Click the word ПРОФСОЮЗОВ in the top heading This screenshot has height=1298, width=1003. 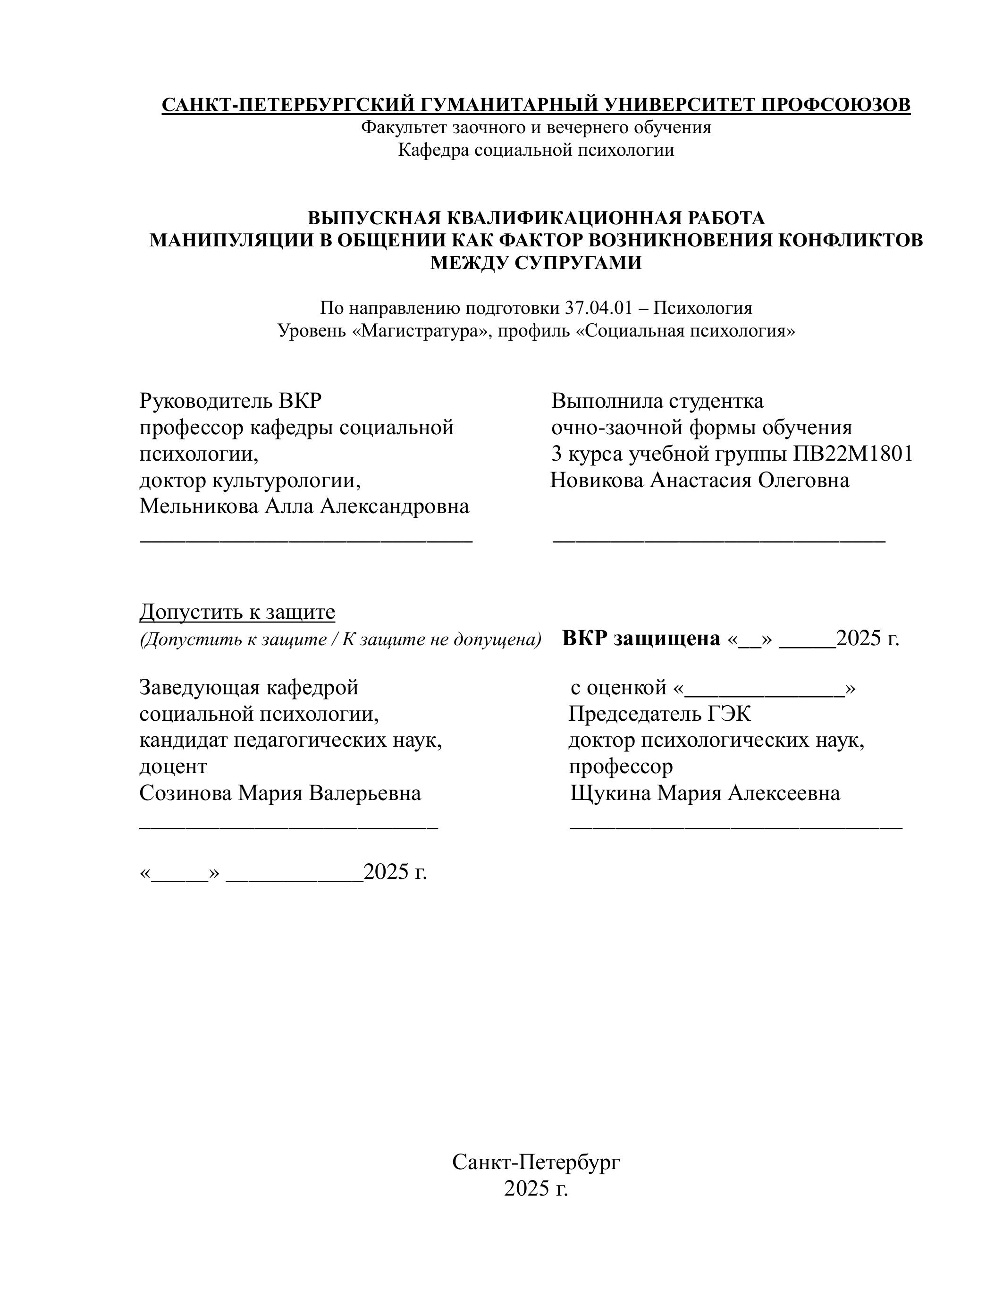[835, 105]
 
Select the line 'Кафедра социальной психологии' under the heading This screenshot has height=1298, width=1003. [536, 150]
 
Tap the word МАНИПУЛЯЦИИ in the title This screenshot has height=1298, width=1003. [241, 240]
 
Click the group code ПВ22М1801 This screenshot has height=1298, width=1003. [853, 454]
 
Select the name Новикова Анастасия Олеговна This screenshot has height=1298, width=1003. [700, 480]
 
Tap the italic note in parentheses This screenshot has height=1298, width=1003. [340, 640]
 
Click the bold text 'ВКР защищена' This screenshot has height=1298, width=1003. [641, 638]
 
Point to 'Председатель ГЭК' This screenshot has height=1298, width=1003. [659, 714]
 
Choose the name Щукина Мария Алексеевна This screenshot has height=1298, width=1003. [705, 793]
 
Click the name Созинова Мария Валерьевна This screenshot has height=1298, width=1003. [280, 793]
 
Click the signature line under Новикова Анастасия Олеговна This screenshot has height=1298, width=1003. [719, 540]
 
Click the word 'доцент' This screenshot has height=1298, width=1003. [173, 767]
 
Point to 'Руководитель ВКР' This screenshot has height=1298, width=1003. [230, 401]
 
